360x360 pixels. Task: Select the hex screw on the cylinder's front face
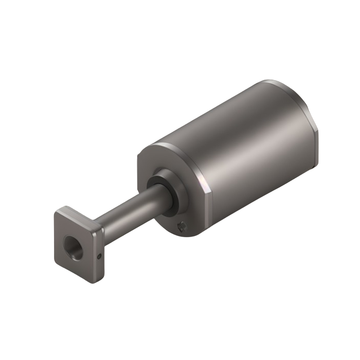(x=180, y=225)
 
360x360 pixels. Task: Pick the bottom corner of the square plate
(x=93, y=280)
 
